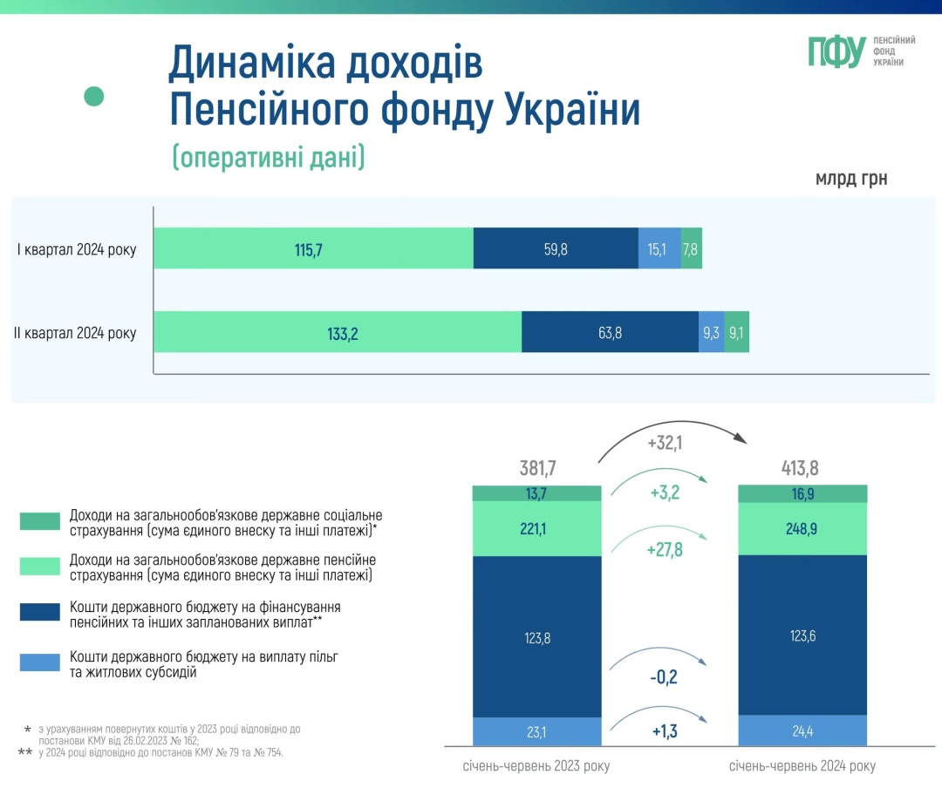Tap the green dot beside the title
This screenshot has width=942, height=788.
click(x=93, y=96)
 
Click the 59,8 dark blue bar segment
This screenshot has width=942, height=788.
click(x=556, y=249)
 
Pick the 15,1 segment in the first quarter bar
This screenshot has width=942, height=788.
click(x=659, y=249)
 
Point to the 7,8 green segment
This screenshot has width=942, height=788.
click(x=691, y=249)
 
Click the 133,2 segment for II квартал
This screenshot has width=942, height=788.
click(x=338, y=332)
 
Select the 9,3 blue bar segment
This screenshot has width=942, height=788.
click(x=711, y=332)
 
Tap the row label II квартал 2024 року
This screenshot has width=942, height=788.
click(x=75, y=333)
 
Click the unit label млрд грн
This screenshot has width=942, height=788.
click(x=851, y=180)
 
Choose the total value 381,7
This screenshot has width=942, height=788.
click(x=538, y=469)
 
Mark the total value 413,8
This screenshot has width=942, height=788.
click(x=801, y=469)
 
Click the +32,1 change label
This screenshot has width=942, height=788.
click(x=665, y=443)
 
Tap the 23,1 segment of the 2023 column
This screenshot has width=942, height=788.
click(x=537, y=731)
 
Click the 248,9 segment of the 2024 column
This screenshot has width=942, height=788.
click(x=802, y=529)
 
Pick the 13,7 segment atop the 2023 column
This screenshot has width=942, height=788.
click(x=537, y=493)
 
